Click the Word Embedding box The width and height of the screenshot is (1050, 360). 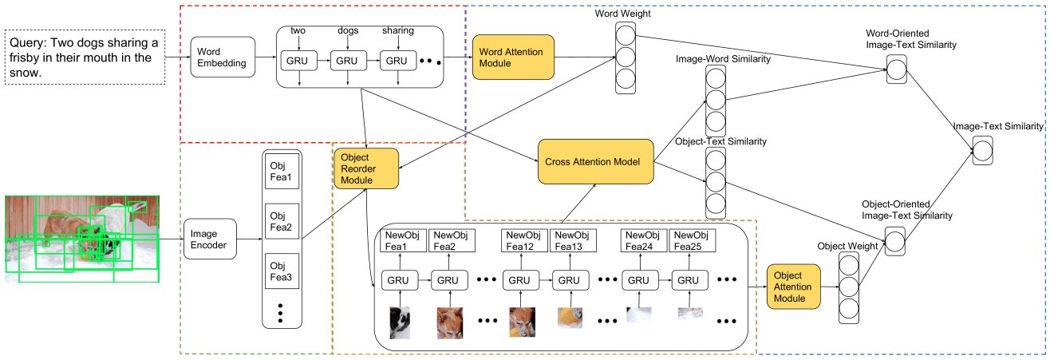(223, 57)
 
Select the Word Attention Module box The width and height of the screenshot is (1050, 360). (513, 57)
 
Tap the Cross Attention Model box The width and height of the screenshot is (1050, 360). (596, 162)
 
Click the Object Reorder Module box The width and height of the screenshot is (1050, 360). (366, 168)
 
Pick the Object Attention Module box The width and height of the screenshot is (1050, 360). (794, 287)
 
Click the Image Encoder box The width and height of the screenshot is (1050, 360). (210, 239)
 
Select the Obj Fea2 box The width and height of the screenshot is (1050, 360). (282, 221)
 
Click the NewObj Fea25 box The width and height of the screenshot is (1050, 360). (693, 240)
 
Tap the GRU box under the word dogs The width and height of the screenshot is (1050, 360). (348, 61)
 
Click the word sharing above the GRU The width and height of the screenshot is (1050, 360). (398, 30)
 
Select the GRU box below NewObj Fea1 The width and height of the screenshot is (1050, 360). (400, 280)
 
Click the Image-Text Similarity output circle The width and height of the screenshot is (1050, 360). (982, 151)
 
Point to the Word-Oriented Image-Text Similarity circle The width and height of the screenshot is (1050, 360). (896, 69)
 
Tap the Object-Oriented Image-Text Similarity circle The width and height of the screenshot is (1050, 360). (895, 242)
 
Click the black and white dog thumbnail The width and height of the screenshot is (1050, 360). (400, 322)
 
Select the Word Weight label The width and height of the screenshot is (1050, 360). (623, 14)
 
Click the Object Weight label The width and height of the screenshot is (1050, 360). (847, 246)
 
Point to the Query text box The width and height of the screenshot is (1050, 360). (85, 57)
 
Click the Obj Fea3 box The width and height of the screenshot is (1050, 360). (282, 271)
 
